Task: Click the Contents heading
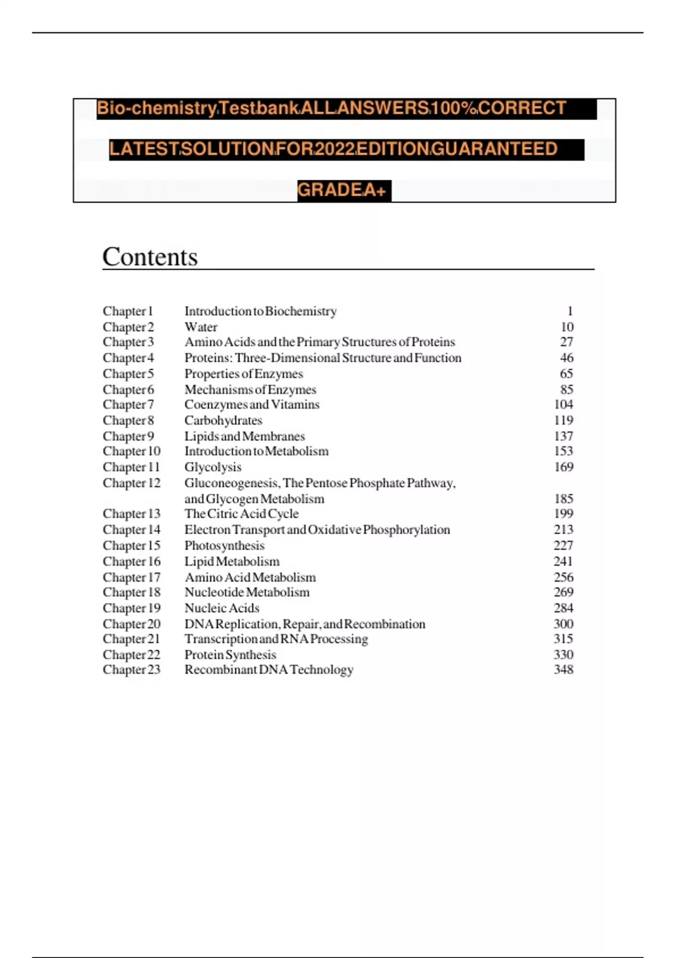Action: click(150, 257)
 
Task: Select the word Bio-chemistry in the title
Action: click(157, 108)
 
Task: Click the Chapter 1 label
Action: click(128, 311)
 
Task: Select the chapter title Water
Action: click(201, 327)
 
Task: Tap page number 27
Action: click(566, 342)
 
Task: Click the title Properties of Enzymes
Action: click(243, 374)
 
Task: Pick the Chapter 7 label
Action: click(128, 405)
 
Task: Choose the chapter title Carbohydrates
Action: click(223, 420)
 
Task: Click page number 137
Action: click(563, 436)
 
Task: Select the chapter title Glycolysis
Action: click(212, 467)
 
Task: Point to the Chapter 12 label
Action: click(131, 483)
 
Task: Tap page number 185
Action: click(563, 499)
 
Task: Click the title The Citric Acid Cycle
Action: click(241, 514)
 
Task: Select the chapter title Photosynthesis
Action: click(224, 545)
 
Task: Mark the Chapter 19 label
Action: click(131, 608)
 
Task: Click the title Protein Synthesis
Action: click(230, 655)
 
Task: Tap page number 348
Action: click(563, 669)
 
